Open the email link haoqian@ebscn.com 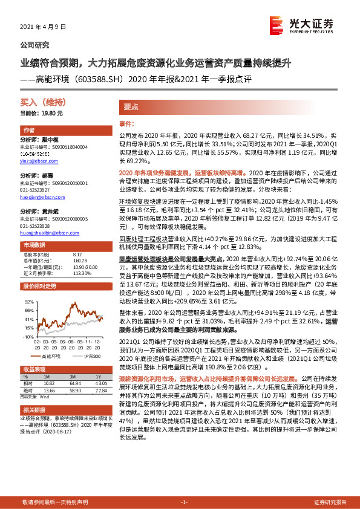coord(42,197)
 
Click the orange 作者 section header coord(29,130)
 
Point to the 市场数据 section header coord(34,245)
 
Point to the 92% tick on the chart coord(29,300)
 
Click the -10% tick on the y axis coord(28,337)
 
